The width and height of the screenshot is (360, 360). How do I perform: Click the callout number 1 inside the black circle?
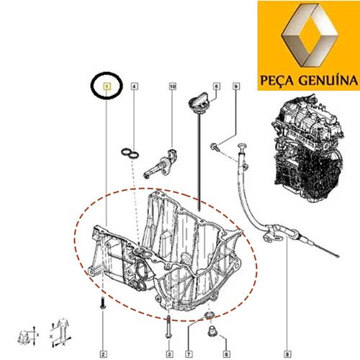pyautogui.click(x=107, y=86)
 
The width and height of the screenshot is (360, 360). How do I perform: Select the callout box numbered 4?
pyautogui.click(x=135, y=86)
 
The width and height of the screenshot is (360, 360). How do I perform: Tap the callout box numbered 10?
pyautogui.click(x=173, y=86)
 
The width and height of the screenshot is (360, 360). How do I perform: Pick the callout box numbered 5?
pyautogui.click(x=217, y=86)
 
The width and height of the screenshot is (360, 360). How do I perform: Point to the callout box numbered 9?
pyautogui.click(x=236, y=86)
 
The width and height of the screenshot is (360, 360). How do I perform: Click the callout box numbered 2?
pyautogui.click(x=103, y=354)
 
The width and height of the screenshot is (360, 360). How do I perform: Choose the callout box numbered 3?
pyautogui.click(x=169, y=354)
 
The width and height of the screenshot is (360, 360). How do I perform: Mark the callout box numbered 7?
pyautogui.click(x=189, y=354)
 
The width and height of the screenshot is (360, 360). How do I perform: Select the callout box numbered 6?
pyautogui.click(x=226, y=354)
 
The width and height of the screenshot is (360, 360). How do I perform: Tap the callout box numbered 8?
pyautogui.click(x=287, y=354)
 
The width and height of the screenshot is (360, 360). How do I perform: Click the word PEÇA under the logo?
pyautogui.click(x=277, y=80)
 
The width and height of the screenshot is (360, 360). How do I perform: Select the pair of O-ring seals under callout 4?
pyautogui.click(x=130, y=154)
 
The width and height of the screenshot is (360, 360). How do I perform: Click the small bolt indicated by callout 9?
pyautogui.click(x=215, y=147)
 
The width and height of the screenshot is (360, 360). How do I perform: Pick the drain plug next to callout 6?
pyautogui.click(x=212, y=332)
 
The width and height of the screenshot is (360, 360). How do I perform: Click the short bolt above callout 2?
pyautogui.click(x=103, y=304)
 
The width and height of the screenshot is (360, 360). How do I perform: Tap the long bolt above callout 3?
pyautogui.click(x=169, y=327)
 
